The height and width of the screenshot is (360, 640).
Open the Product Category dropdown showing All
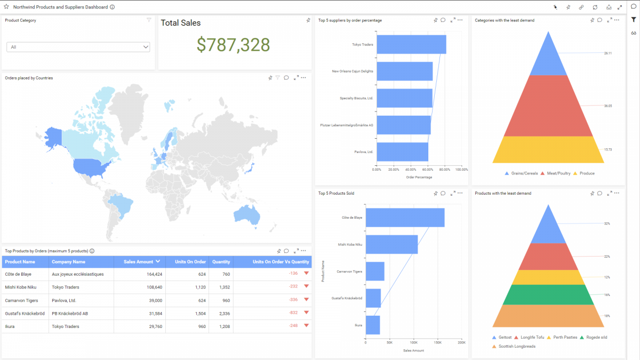(x=78, y=47)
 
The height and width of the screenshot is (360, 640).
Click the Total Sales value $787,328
(x=233, y=45)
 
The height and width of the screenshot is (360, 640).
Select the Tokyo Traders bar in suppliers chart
(x=411, y=45)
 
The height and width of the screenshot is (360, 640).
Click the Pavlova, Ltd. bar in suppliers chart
(x=402, y=151)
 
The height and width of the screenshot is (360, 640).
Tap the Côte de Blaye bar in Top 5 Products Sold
(x=405, y=218)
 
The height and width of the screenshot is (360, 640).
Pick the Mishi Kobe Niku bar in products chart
(x=391, y=244)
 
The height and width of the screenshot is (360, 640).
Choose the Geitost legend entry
(x=505, y=338)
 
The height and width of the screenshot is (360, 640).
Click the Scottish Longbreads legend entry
(x=516, y=346)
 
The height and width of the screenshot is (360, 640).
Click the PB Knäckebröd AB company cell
(x=70, y=313)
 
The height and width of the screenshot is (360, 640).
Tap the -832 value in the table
(x=293, y=313)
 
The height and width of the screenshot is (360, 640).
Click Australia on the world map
(x=246, y=214)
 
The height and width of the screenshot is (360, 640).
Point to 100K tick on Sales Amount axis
(x=413, y=343)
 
